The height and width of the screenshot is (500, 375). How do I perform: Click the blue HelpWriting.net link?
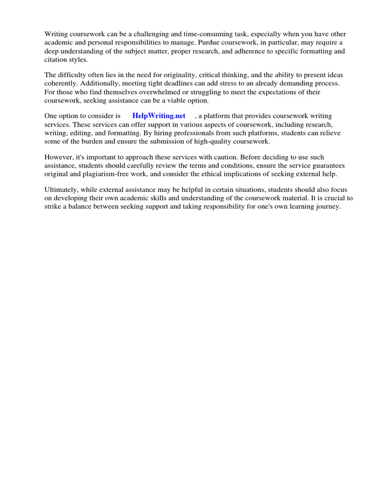pyautogui.click(x=159, y=116)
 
